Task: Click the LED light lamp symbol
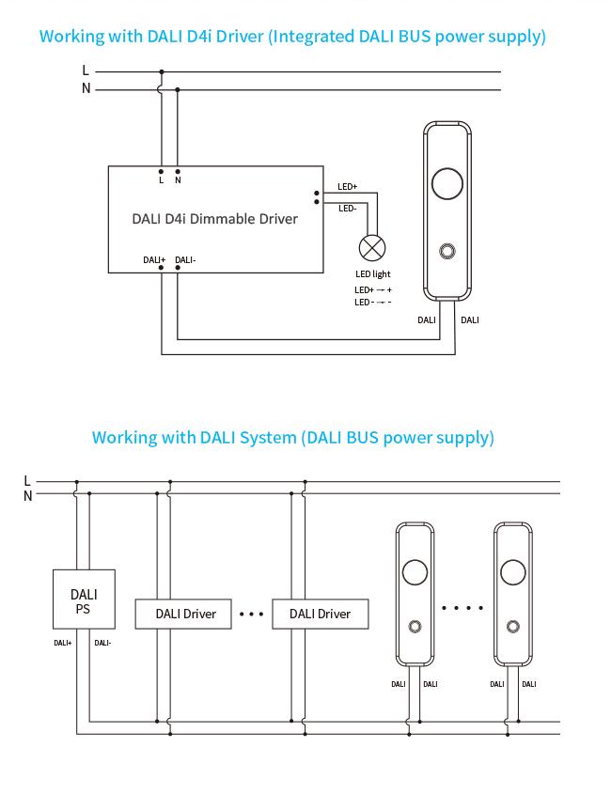point(372,248)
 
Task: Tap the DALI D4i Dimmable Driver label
point(215,219)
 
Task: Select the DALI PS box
point(84,599)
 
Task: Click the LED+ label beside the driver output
point(348,187)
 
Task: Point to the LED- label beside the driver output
point(348,208)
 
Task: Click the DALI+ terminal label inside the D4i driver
point(154,259)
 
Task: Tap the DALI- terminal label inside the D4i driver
point(185,259)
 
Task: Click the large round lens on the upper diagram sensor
point(447,183)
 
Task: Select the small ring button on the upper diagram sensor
point(447,251)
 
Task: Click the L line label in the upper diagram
point(86,70)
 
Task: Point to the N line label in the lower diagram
point(28,496)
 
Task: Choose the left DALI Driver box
point(183,615)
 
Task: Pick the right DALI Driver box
point(321,615)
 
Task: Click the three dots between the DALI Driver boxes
point(252,615)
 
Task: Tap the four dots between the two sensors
point(462,608)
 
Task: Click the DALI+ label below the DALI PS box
point(63,643)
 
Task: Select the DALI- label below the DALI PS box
point(102,643)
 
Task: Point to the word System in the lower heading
point(268,438)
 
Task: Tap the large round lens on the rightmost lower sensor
point(513,572)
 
